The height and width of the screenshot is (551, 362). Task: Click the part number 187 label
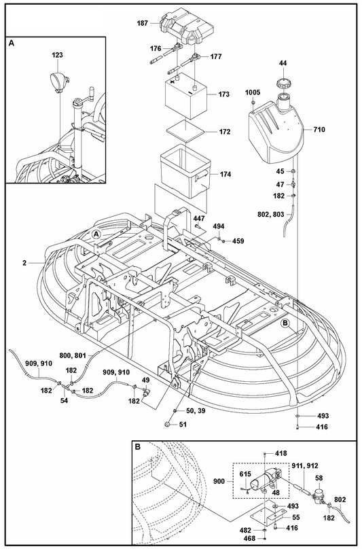(x=142, y=23)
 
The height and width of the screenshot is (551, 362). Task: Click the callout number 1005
(x=253, y=90)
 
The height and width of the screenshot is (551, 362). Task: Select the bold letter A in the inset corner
(x=12, y=43)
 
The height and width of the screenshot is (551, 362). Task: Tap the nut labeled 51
(x=167, y=425)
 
